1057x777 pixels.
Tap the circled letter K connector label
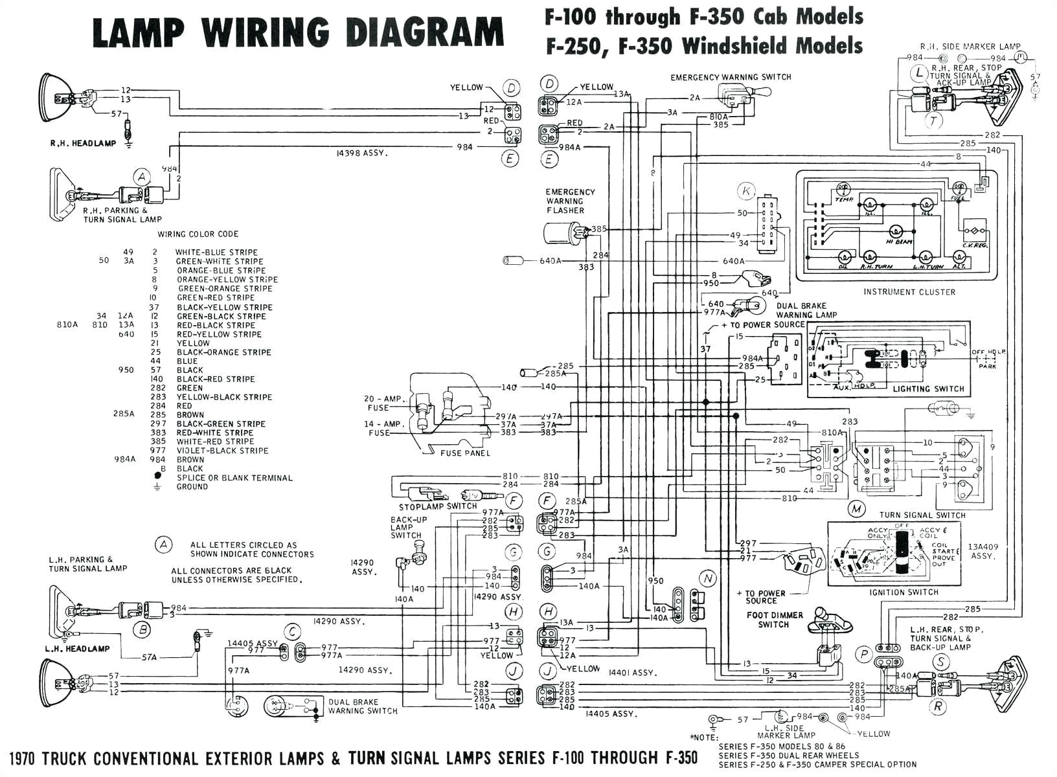(x=746, y=191)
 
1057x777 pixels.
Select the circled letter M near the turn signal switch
(x=857, y=509)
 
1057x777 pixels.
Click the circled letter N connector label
(x=708, y=578)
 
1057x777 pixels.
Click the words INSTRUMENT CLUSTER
(x=909, y=292)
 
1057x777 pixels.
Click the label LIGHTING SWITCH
(x=928, y=389)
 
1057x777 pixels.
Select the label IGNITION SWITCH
(x=904, y=592)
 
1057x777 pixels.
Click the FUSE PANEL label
(x=464, y=453)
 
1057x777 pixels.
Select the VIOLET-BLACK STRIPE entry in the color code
(x=222, y=451)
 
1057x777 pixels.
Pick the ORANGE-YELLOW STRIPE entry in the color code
(x=227, y=280)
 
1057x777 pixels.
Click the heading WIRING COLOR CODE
(x=198, y=234)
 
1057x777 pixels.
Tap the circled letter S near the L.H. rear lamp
(x=940, y=662)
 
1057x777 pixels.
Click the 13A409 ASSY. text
(x=983, y=551)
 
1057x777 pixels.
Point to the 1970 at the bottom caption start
(x=27, y=758)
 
